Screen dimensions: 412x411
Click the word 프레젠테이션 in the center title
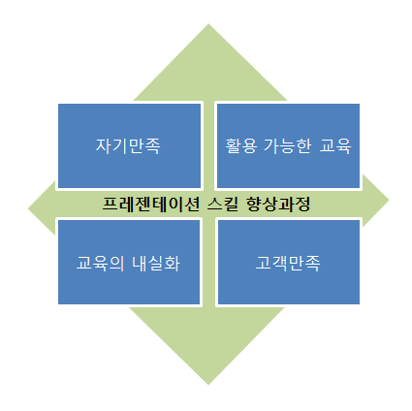click(x=151, y=204)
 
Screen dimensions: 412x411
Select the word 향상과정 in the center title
click(x=278, y=204)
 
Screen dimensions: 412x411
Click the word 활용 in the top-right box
click(x=241, y=146)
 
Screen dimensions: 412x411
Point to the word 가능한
click(x=288, y=146)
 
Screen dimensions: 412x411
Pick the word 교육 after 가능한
click(x=335, y=146)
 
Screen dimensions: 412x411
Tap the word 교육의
click(x=100, y=263)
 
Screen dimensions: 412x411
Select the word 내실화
click(x=156, y=263)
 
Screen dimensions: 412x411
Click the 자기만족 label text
click(x=128, y=146)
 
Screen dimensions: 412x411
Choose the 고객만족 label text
click(x=288, y=263)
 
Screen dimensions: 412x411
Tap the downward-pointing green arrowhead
click(x=207, y=347)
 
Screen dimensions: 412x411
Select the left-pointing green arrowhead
click(x=42, y=208)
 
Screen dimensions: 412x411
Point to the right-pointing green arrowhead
click(x=375, y=201)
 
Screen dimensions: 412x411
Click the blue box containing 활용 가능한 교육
click(x=288, y=145)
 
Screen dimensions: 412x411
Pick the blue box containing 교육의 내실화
click(x=129, y=262)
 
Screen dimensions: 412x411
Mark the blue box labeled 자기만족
click(x=129, y=145)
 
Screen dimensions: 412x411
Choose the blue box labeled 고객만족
click(x=289, y=262)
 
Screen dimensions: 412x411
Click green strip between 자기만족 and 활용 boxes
click(x=208, y=145)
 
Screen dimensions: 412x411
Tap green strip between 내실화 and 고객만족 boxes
click(x=208, y=262)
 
